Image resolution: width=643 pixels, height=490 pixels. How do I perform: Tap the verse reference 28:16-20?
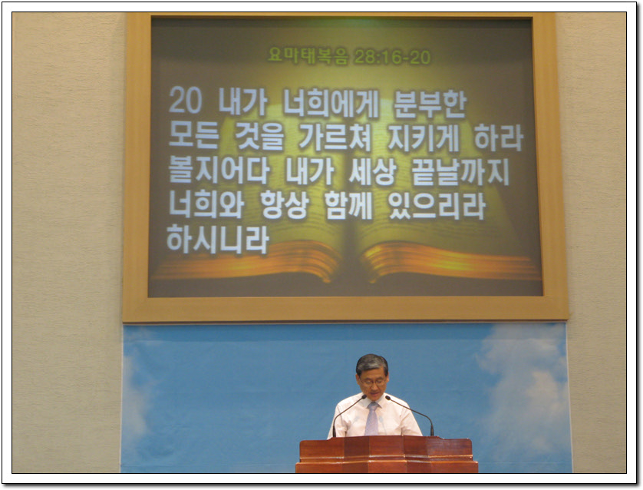392,57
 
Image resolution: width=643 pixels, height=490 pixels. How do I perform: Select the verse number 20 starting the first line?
186,100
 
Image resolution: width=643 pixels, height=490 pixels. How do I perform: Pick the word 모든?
193,136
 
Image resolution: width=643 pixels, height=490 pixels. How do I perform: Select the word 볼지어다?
219,170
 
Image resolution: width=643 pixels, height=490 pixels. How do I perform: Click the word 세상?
373,171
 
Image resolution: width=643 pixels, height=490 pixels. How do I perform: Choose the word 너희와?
206,204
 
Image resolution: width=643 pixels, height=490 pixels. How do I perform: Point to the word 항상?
285,204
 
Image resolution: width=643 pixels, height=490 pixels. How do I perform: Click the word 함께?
348,205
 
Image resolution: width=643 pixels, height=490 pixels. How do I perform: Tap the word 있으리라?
437,205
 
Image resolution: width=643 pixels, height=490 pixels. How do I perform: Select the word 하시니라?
218,240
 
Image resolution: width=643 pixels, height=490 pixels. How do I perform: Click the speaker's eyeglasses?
373,382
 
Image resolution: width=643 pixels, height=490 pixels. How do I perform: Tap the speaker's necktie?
372,418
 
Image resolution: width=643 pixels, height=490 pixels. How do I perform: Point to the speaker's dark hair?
372,364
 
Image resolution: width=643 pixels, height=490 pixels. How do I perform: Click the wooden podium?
386,455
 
